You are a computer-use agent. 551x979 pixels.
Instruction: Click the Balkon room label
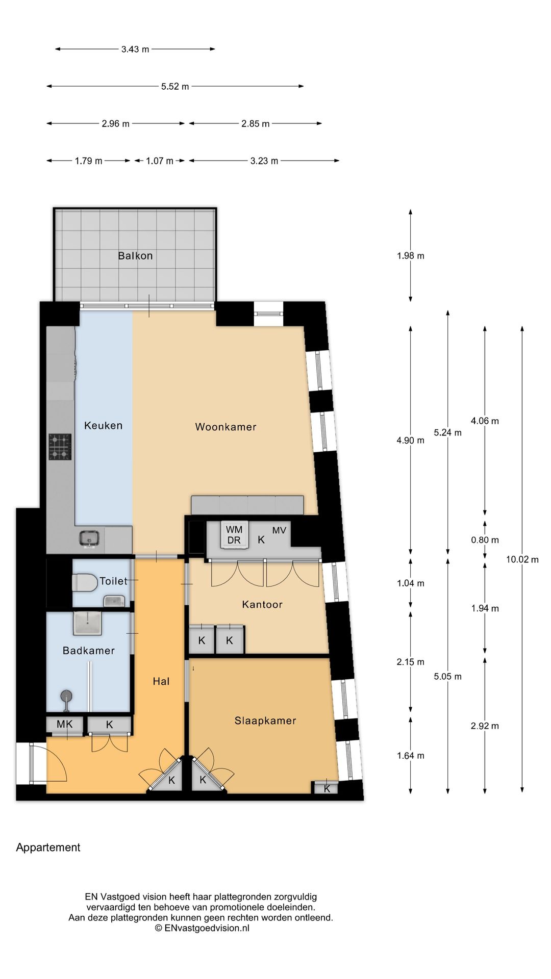[x=135, y=256]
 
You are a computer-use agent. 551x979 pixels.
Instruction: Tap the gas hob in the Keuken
[x=60, y=447]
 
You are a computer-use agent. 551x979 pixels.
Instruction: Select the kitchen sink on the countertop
[x=89, y=538]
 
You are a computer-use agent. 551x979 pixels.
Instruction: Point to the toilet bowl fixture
[x=85, y=583]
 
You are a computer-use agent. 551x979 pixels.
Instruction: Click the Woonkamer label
[x=226, y=427]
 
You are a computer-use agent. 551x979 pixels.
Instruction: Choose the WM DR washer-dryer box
[x=234, y=535]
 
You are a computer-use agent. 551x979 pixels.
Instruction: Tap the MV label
[x=279, y=530]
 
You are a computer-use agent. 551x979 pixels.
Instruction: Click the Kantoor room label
[x=262, y=604]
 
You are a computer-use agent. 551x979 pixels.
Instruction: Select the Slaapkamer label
[x=265, y=720]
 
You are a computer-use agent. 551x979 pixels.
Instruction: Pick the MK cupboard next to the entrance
[x=65, y=725]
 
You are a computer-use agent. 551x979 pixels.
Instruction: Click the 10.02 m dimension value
[x=522, y=559]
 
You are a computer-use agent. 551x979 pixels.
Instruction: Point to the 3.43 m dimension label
[x=135, y=49]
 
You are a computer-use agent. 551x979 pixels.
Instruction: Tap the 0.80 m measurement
[x=485, y=540]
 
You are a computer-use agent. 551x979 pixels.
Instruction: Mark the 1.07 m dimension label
[x=160, y=161]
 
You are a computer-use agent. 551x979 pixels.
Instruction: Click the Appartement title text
[x=48, y=847]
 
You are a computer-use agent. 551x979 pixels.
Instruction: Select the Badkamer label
[x=89, y=651]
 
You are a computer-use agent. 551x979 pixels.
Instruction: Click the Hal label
[x=161, y=681]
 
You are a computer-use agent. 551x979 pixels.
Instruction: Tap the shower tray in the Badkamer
[x=87, y=623]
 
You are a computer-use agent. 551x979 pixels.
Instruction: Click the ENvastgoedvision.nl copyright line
[x=202, y=928]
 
